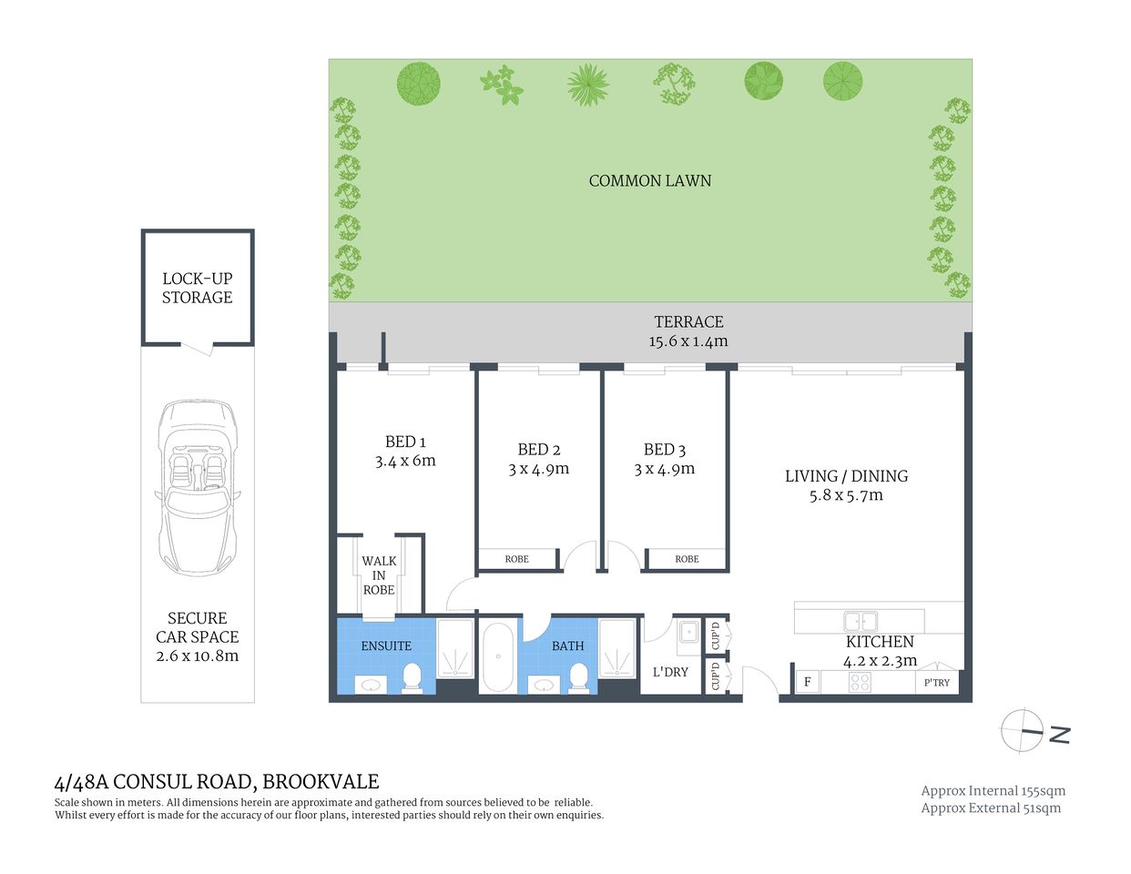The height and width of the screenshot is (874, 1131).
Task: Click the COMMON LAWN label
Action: pos(649,181)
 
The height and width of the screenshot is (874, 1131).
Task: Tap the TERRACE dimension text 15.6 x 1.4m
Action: pos(688,342)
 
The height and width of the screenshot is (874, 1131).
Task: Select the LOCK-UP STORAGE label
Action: pos(197,288)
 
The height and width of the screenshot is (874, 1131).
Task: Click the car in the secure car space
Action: pos(198,488)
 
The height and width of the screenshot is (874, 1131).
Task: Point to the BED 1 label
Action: pos(405,442)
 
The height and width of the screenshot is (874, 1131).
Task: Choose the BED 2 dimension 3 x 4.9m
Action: pos(538,470)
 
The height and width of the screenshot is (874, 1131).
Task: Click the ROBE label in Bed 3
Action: pos(687,559)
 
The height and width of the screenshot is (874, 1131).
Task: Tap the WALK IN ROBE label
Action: pos(379,575)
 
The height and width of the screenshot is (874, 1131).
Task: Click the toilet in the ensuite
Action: pos(413,676)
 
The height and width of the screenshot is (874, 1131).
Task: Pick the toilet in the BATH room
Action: pos(578,676)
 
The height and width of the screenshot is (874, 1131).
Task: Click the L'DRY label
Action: pos(670,672)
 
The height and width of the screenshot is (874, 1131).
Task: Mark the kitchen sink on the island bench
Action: pos(860,622)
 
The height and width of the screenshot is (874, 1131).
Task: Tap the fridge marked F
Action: pos(807,682)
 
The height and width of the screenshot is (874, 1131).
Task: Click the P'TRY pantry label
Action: pos(936,683)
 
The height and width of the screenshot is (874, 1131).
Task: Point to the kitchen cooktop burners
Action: pos(859,682)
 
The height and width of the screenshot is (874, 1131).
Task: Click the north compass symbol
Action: pos(1023,730)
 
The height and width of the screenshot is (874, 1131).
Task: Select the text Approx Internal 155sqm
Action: pos(993,791)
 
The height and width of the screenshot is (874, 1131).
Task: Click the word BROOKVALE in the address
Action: pos(321,782)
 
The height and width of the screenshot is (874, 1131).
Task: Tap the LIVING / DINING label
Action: pos(846,476)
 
